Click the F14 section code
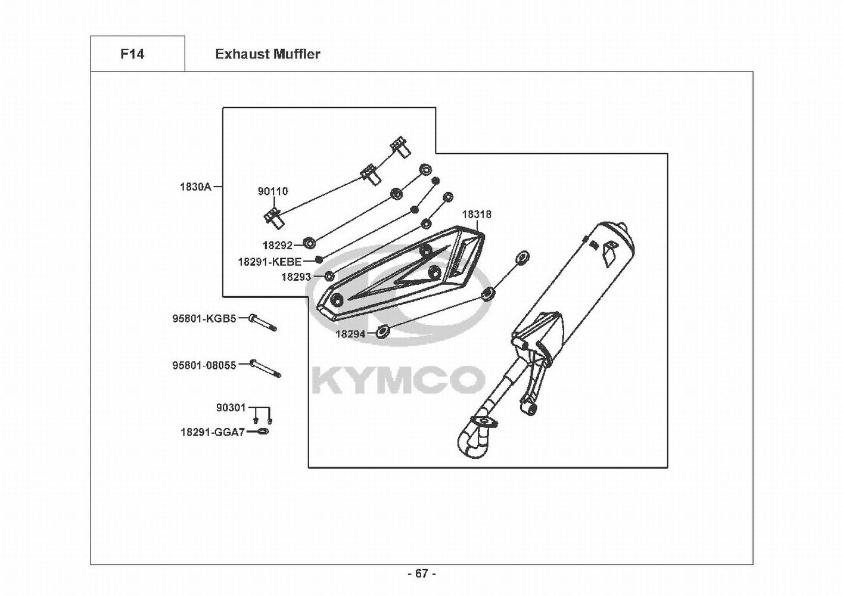(x=132, y=54)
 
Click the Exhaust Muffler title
(x=267, y=54)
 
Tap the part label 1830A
(x=195, y=187)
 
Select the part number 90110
(x=273, y=191)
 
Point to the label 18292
(x=278, y=246)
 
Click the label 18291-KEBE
(x=269, y=261)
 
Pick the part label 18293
(x=296, y=277)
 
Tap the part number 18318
(x=477, y=214)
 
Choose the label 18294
(x=350, y=334)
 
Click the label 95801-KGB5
(x=204, y=318)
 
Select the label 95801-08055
(x=204, y=365)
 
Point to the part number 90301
(x=231, y=408)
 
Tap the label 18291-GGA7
(x=213, y=432)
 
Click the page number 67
(x=422, y=573)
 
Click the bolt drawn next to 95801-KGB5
(x=263, y=322)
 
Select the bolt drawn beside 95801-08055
(x=265, y=370)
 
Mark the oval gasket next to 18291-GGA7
(x=263, y=432)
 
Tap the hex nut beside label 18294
(x=383, y=332)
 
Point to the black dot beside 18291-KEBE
(x=319, y=259)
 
